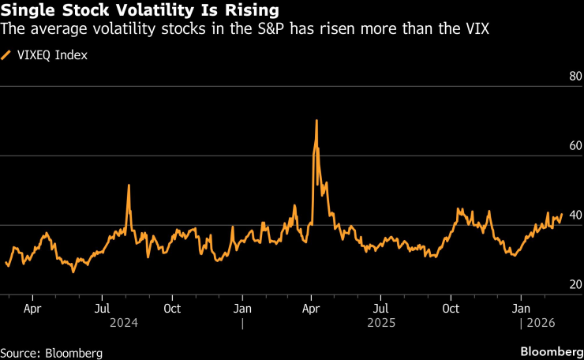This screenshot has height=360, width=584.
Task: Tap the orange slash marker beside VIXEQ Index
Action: point(7,55)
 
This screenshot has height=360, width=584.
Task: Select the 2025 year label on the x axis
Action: point(381,324)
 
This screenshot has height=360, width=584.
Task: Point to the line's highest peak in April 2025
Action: point(316,121)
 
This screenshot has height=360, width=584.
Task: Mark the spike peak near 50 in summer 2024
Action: point(128,186)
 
